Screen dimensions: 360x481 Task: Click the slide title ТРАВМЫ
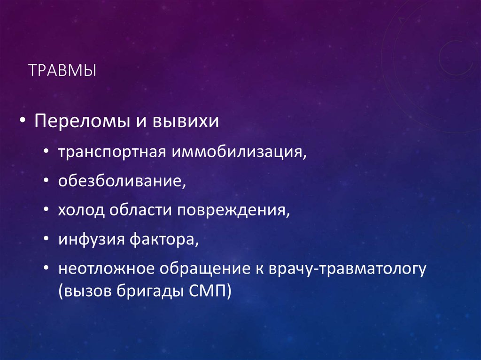(62, 71)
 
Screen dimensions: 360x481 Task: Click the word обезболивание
(121, 181)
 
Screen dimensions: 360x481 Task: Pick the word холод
(81, 210)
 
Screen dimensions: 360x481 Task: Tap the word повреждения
(233, 210)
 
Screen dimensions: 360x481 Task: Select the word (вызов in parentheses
(83, 291)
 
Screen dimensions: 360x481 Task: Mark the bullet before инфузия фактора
(49, 239)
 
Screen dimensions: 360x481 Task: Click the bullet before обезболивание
(49, 182)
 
